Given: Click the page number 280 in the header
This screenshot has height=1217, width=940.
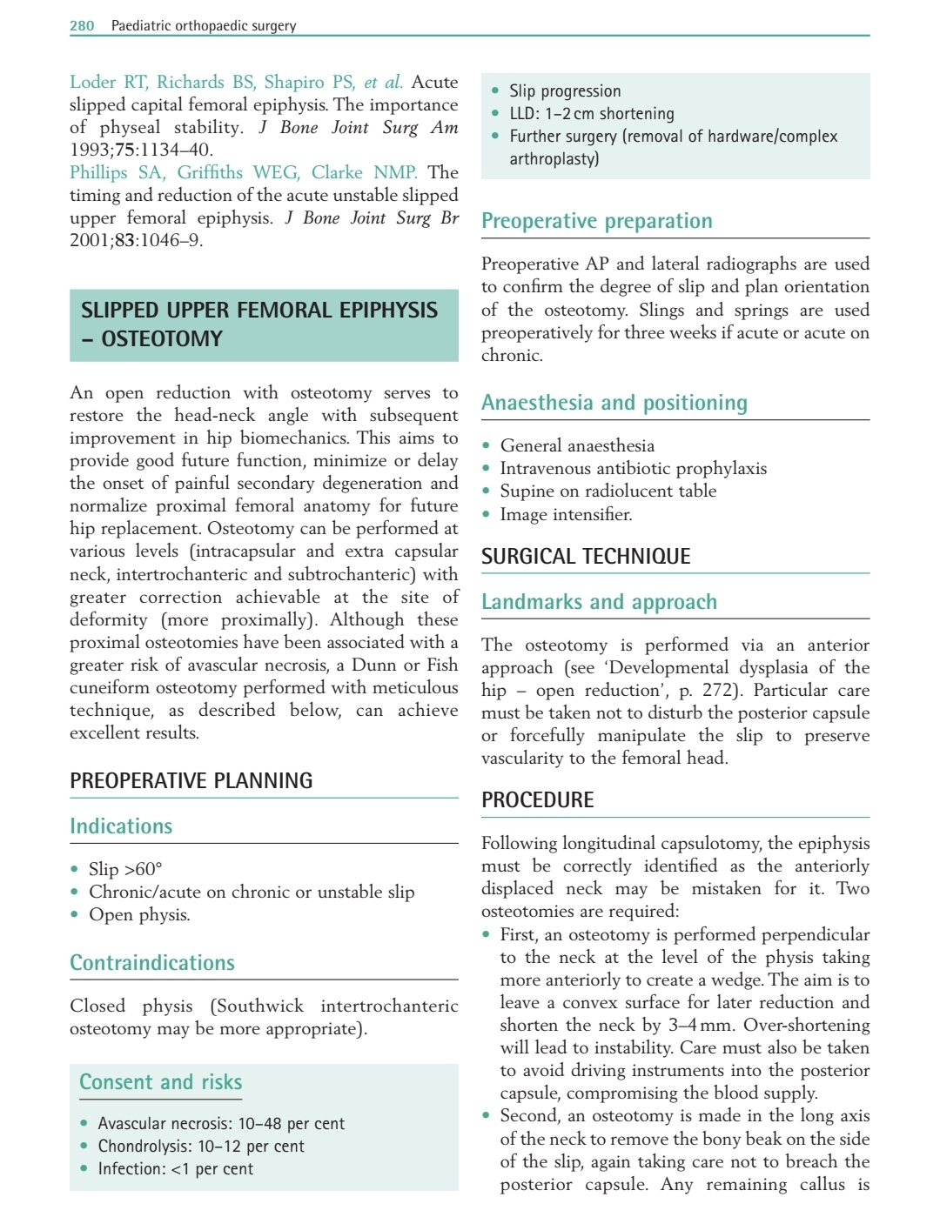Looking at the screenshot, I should pyautogui.click(x=82, y=26).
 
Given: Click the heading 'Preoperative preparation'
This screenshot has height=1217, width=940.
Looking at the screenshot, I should pyautogui.click(x=596, y=221).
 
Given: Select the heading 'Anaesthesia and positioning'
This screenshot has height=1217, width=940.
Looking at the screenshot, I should pyautogui.click(x=614, y=403).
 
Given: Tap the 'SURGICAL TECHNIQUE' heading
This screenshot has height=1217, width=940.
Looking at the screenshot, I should pyautogui.click(x=586, y=557).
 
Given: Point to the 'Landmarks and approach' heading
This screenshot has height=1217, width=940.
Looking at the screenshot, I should pyautogui.click(x=599, y=602).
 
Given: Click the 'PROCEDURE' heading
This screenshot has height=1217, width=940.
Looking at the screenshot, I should pyautogui.click(x=537, y=800).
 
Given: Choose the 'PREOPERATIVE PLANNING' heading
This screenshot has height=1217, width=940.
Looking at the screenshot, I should pyautogui.click(x=191, y=781).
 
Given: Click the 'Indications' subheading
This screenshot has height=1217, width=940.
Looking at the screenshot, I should pyautogui.click(x=121, y=826).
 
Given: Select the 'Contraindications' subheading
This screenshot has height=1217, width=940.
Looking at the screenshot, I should pyautogui.click(x=152, y=963).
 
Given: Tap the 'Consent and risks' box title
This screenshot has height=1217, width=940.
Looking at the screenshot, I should pyautogui.click(x=160, y=1082).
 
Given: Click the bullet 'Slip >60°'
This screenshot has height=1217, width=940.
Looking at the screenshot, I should pyautogui.click(x=124, y=869).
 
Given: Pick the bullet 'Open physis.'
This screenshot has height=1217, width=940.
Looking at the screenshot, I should pyautogui.click(x=139, y=914).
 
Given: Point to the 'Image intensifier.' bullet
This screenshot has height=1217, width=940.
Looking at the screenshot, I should pyautogui.click(x=566, y=514).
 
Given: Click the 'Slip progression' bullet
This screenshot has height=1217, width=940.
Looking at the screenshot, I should pyautogui.click(x=565, y=91).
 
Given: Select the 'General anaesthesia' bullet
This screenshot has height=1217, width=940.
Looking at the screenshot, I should pyautogui.click(x=576, y=445).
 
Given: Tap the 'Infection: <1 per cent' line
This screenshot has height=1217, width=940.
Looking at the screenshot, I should pyautogui.click(x=175, y=1169).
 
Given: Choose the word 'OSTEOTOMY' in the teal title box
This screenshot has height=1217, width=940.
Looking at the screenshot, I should pyautogui.click(x=162, y=339).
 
